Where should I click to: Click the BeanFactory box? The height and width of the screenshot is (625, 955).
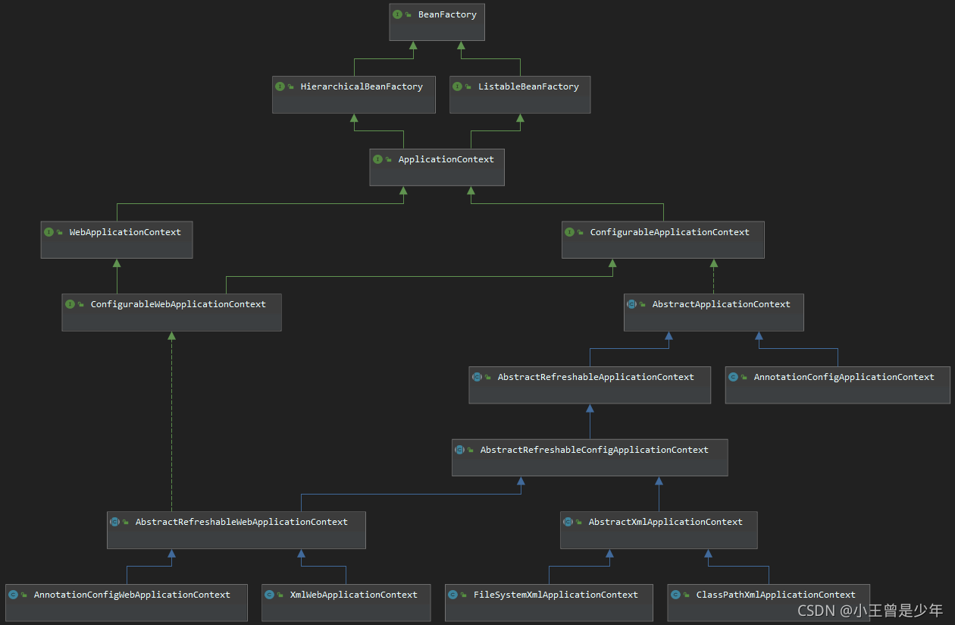[x=437, y=22]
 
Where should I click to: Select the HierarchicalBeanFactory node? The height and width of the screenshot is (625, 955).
[x=354, y=94]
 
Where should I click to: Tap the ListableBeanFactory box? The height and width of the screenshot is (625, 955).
[x=520, y=94]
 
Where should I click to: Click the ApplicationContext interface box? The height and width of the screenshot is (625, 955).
[x=437, y=167]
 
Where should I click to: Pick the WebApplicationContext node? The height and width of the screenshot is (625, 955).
[x=117, y=240]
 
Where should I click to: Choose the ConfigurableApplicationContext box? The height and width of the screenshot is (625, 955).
[x=663, y=240]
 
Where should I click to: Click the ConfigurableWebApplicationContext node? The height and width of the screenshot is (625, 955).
[x=172, y=312]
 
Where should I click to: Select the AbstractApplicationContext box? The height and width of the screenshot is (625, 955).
[x=714, y=312]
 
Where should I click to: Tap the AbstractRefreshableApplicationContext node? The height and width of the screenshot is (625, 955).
[x=590, y=385]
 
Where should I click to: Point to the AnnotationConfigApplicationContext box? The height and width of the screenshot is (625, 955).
[x=838, y=385]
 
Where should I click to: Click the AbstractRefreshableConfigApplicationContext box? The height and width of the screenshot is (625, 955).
[x=590, y=457]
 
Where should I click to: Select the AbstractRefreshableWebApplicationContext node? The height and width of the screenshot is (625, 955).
[x=236, y=529]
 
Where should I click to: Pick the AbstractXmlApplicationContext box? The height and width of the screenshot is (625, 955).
[x=659, y=529]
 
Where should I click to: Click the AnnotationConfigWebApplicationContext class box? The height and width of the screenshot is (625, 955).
[x=127, y=602]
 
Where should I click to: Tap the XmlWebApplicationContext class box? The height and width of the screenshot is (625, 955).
[x=346, y=602]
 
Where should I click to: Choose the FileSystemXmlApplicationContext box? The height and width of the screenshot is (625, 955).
[x=549, y=602]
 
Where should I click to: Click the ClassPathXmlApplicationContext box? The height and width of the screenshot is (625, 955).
[x=769, y=602]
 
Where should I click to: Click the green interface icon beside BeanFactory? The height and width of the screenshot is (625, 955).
[x=397, y=14]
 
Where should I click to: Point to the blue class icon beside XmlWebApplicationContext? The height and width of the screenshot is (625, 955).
[x=269, y=595]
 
